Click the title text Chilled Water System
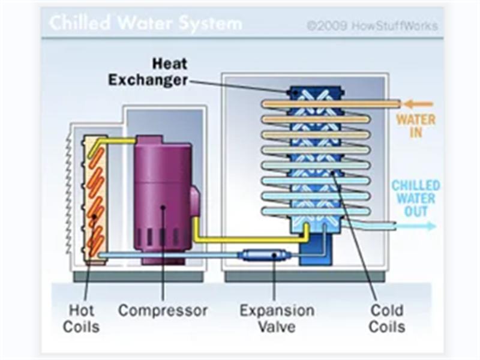tap(145, 23)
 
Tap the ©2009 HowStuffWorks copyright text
tap(372, 26)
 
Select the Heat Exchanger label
tap(148, 71)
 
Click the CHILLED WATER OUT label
tap(416, 198)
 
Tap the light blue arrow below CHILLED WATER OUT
tap(420, 226)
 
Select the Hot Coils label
tap(83, 319)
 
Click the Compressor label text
tap(163, 311)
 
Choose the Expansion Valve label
tap(277, 319)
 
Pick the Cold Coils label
tap(387, 319)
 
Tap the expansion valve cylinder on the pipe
tap(265, 256)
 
